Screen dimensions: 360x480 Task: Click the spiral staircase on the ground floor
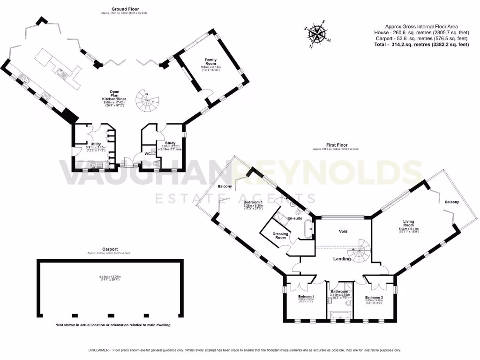148,101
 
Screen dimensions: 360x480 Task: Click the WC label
148,153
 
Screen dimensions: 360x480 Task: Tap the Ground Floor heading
125,9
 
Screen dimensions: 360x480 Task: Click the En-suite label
294,218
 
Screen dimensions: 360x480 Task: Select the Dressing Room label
280,235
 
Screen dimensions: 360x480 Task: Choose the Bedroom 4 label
306,296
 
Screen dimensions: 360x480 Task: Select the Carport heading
110,249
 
